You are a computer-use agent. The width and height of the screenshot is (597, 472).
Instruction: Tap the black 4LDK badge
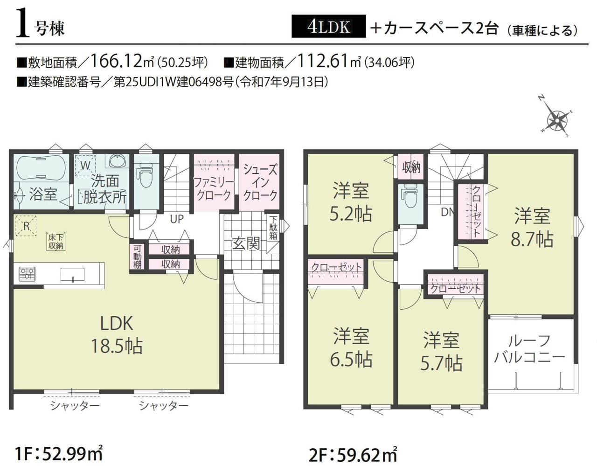tap(328, 26)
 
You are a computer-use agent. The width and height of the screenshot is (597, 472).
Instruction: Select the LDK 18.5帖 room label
tap(117, 335)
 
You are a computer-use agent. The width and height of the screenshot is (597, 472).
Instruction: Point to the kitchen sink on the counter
tap(72, 274)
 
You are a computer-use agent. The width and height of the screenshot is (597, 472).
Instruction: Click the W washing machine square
tap(86, 166)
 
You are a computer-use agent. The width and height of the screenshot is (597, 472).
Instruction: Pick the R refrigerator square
tap(27, 226)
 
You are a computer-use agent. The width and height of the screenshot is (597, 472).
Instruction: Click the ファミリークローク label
tap(214, 188)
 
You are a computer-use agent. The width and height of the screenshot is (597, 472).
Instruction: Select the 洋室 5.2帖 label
tap(351, 201)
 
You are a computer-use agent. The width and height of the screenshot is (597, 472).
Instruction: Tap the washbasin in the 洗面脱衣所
tap(118, 161)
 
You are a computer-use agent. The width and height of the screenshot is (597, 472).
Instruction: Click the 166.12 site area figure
tap(116, 61)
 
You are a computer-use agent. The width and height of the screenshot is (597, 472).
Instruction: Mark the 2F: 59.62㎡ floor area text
tap(353, 455)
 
